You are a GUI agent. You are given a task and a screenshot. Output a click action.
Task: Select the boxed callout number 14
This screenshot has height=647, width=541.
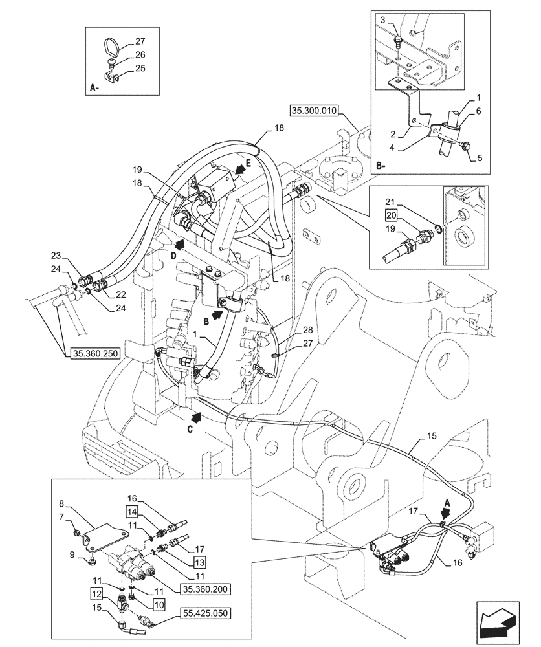coord(128,512)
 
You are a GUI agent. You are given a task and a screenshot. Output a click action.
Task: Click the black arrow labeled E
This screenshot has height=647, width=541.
coord(238,170)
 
